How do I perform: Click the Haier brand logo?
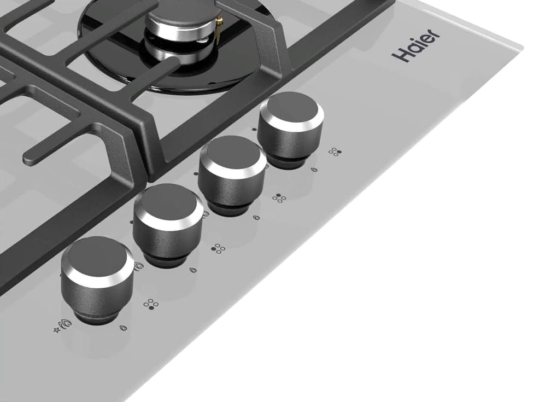(415, 45)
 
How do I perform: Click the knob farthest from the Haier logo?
(97, 279)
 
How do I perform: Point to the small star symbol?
(57, 329)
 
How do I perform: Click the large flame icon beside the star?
(66, 324)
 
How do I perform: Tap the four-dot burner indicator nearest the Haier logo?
(335, 152)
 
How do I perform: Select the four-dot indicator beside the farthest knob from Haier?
(151, 304)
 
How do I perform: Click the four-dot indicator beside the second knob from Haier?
(279, 198)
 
